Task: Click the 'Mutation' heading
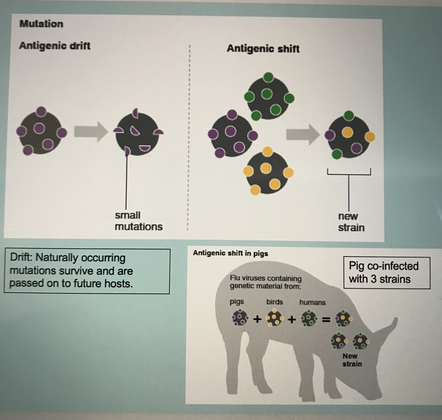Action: pos(41,24)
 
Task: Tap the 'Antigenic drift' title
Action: pos(55,45)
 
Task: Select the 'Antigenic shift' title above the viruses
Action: pos(263,49)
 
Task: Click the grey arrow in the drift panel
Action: pos(90,131)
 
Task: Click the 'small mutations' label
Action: pos(138,221)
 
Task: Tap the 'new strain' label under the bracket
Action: pos(351,222)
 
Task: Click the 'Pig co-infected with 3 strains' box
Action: pos(386,272)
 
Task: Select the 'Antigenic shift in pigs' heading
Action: pos(230,253)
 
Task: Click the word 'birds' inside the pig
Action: pos(274,302)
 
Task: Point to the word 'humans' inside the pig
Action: pos(312,302)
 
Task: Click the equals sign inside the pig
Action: pos(326,320)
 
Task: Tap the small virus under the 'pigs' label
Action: pos(240,318)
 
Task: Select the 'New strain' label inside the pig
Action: pos(352,360)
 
